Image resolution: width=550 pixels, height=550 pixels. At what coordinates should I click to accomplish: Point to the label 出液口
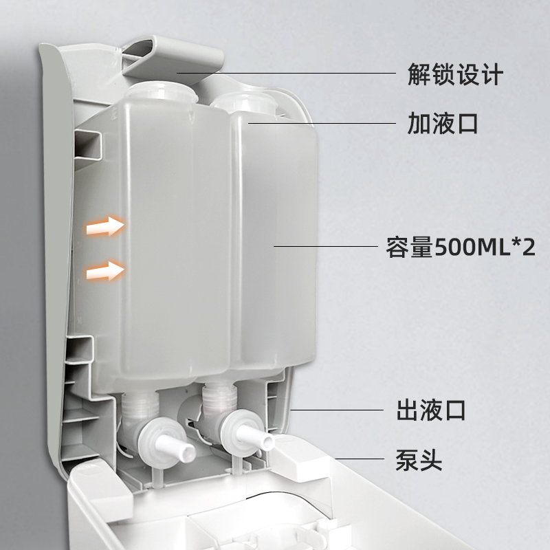(432, 410)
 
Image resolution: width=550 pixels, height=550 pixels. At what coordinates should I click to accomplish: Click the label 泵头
(419, 459)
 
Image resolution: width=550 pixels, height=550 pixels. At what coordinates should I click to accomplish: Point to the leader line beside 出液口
(338, 410)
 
